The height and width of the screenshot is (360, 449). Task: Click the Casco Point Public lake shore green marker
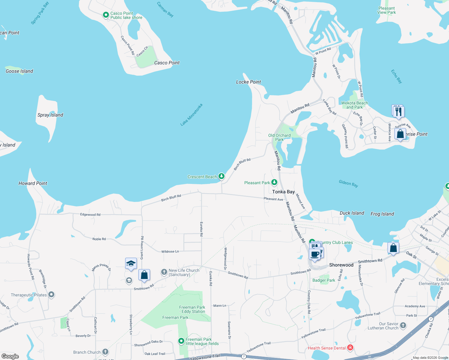(106, 15)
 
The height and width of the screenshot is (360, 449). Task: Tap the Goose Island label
(20, 71)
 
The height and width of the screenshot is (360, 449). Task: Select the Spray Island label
(50, 115)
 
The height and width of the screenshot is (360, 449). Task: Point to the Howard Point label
(33, 183)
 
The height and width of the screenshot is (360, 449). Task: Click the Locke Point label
(249, 82)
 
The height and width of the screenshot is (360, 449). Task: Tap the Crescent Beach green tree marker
(221, 176)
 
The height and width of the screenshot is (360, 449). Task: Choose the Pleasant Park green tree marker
(274, 182)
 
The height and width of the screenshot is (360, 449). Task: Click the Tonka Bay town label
(283, 192)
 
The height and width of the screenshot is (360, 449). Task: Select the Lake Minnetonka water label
(191, 115)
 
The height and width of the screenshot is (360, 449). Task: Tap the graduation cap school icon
(131, 263)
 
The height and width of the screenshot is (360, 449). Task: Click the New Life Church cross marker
(164, 272)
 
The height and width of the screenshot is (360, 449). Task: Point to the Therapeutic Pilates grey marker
(51, 295)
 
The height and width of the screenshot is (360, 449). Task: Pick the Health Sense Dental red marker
(350, 348)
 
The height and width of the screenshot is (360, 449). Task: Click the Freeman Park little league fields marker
(181, 341)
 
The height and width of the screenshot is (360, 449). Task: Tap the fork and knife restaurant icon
(399, 112)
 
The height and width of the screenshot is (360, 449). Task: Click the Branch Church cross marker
(105, 352)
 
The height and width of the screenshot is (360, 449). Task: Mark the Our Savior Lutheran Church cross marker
(403, 325)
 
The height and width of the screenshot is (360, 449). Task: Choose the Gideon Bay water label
(348, 183)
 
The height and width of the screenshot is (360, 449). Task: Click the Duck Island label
(352, 213)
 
